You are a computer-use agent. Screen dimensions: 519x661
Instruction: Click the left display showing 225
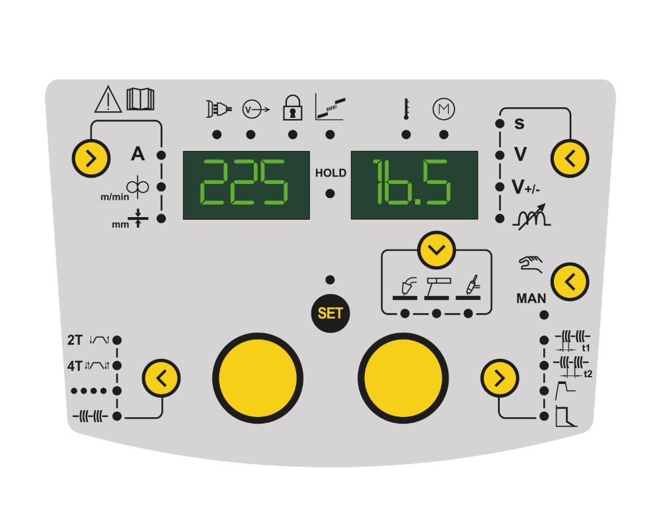(246, 185)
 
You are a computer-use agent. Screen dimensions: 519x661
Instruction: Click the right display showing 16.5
(414, 185)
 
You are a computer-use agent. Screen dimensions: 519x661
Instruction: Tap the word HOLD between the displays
(330, 173)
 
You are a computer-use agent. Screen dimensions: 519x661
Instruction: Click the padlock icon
(292, 107)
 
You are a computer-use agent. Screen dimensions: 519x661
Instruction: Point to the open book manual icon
(140, 99)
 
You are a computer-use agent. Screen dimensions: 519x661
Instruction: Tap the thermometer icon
(405, 108)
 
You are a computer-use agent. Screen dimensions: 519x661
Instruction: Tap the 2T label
(75, 340)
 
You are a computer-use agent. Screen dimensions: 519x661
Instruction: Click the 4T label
(75, 365)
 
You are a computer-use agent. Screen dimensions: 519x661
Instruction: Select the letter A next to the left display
(137, 155)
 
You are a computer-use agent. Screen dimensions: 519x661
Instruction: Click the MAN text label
(531, 299)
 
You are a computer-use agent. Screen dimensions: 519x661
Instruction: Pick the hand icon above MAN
(531, 267)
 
